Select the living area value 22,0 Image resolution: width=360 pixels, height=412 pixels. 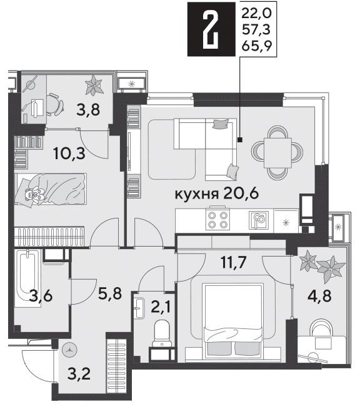(x=256, y=13)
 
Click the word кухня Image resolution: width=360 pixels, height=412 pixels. (x=197, y=194)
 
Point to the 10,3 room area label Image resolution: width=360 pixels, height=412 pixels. (x=69, y=153)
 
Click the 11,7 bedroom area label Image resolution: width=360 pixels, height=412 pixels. (x=234, y=262)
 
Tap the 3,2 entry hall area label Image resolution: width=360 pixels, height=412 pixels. (x=79, y=374)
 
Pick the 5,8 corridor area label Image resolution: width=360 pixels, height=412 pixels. (x=110, y=293)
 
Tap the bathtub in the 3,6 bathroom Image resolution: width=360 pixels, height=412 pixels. (x=27, y=278)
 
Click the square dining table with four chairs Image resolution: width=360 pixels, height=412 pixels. (x=277, y=153)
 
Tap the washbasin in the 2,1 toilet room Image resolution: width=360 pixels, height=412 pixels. (x=139, y=308)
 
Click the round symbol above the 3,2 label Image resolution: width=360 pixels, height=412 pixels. (x=69, y=350)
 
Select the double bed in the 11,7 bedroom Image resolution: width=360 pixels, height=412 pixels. (x=234, y=321)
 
